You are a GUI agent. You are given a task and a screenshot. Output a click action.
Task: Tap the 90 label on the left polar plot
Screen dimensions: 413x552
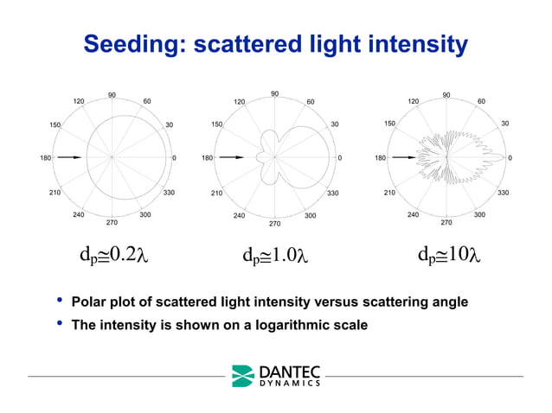pyautogui.click(x=112, y=95)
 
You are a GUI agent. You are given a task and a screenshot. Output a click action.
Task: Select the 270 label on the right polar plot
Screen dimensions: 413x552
pyautogui.click(x=446, y=223)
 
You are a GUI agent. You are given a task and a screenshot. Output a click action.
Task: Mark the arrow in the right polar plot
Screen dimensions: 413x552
pyautogui.click(x=403, y=157)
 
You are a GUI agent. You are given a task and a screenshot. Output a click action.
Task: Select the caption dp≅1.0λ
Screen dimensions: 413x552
pyautogui.click(x=275, y=256)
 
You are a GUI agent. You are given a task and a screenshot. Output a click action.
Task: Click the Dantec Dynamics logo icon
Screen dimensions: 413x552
pyautogui.click(x=243, y=376)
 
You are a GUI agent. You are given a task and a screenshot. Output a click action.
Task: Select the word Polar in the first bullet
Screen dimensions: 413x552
pyautogui.click(x=89, y=302)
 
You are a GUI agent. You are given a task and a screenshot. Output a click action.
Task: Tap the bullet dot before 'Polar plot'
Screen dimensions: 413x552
pyautogui.click(x=60, y=301)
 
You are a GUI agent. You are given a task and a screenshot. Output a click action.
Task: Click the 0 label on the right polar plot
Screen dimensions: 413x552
pyautogui.click(x=510, y=158)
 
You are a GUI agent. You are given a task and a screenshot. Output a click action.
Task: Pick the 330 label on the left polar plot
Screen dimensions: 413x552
pyautogui.click(x=170, y=193)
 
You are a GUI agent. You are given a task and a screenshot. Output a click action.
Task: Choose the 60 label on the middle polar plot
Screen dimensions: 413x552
pyautogui.click(x=310, y=102)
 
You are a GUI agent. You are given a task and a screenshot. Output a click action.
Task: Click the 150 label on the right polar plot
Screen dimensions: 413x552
pyautogui.click(x=390, y=124)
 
